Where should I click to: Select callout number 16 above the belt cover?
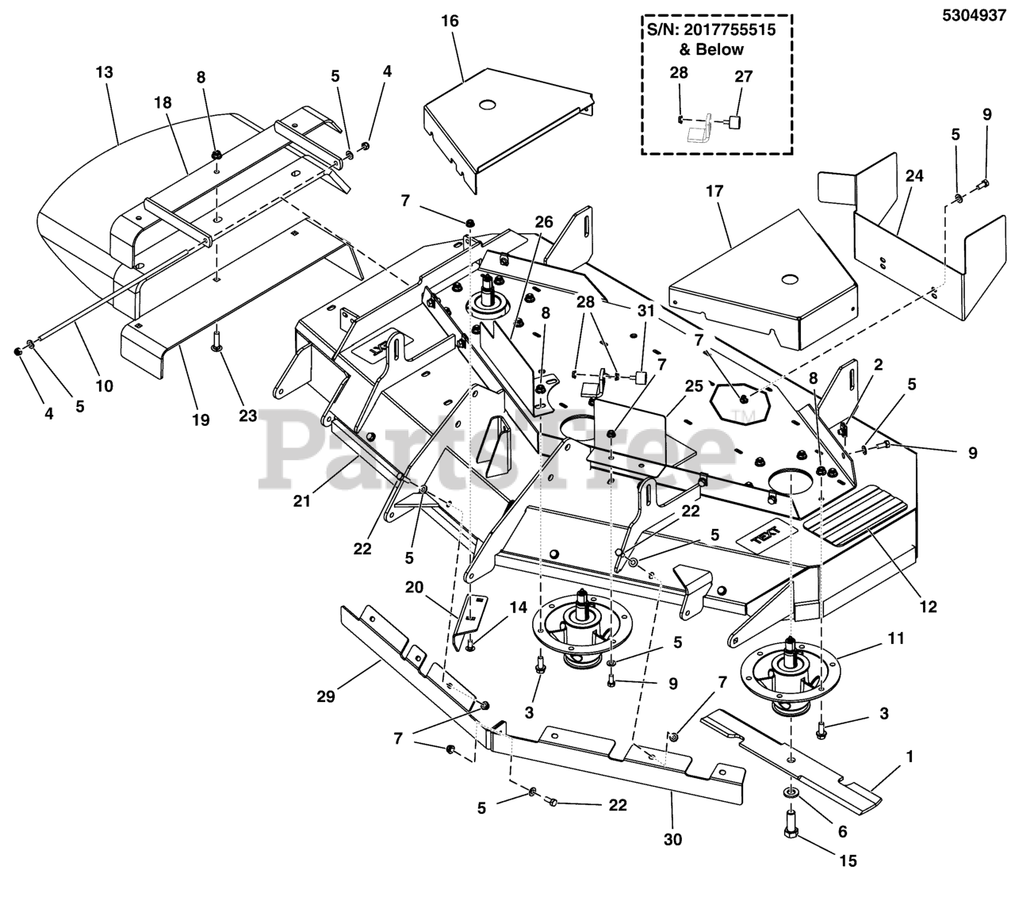coord(450,21)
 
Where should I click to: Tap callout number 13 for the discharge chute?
coord(104,72)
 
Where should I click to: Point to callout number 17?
coord(714,191)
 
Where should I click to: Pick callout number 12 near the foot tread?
coord(928,607)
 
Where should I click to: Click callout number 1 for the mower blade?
coord(910,757)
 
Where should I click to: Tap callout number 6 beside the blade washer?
coord(842,831)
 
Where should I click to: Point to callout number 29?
coord(326,696)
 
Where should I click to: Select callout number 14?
coord(518,608)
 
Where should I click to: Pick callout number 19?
coord(201,420)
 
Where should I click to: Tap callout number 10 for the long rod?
coord(104,386)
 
